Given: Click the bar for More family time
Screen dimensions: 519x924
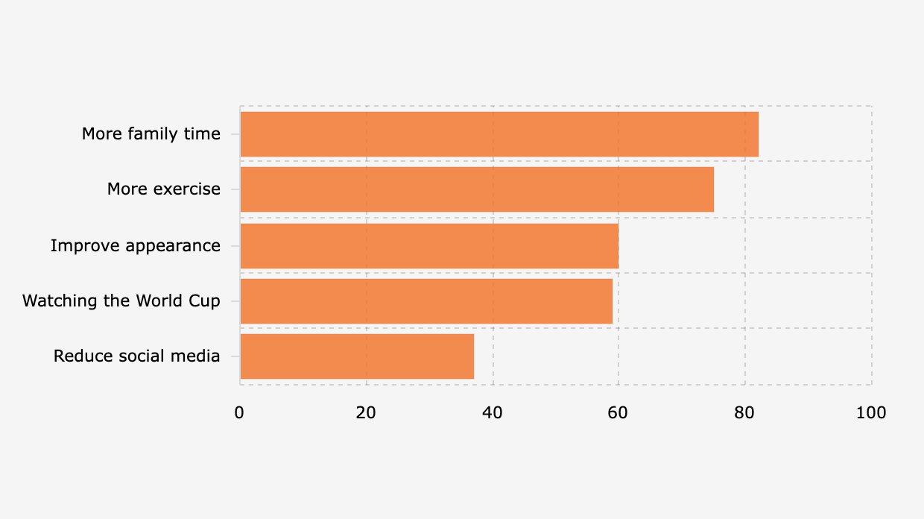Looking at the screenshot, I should point(499,134).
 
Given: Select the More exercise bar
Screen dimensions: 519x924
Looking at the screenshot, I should point(477,189).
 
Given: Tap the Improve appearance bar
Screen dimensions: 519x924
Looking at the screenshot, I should point(429,245).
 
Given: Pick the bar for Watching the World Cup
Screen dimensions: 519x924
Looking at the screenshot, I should point(426,301).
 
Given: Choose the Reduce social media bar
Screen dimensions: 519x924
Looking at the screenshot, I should point(357,356).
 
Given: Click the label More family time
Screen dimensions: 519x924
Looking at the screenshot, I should point(151,134).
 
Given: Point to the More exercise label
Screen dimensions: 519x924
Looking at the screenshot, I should point(164,189).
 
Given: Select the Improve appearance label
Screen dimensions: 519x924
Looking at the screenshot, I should point(136,245).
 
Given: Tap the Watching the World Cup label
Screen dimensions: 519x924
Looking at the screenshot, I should point(121,301).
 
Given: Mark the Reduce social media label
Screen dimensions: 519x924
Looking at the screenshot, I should point(137,356).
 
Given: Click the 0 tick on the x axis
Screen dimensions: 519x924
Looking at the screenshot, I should point(239,412).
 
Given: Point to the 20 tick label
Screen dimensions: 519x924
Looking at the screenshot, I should point(366,412).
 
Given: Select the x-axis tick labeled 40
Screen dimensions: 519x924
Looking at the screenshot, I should point(492,412).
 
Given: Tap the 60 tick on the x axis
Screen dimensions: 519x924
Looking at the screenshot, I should point(618,412).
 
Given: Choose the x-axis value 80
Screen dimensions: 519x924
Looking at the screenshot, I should point(744,412).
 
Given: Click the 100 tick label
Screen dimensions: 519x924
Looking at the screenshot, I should point(871,412).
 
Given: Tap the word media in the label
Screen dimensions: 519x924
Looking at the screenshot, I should point(199,356).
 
